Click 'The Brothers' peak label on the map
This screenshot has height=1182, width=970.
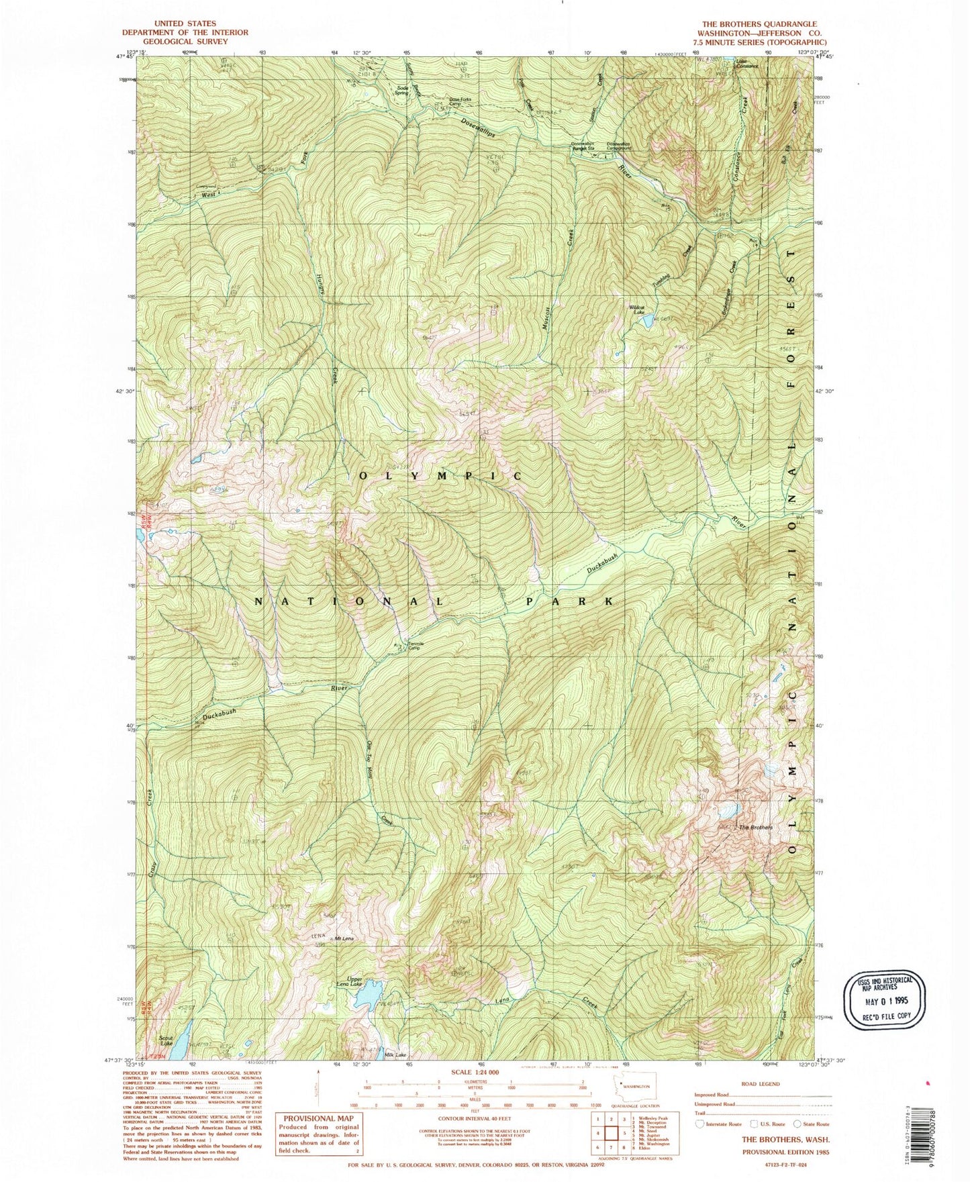[x=755, y=828]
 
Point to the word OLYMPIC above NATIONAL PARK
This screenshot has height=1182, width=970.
[x=440, y=475]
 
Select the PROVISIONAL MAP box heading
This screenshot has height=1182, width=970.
[x=319, y=1119]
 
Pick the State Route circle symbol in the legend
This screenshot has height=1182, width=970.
[x=797, y=1124]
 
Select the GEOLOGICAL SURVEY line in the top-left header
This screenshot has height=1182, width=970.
[x=185, y=41]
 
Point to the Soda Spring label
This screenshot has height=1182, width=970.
[x=403, y=90]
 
